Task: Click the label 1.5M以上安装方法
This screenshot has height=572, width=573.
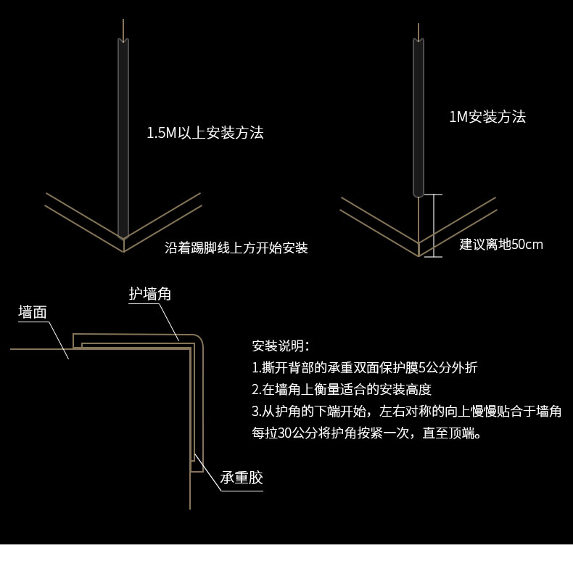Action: click(205, 133)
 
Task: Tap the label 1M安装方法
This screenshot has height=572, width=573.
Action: click(487, 116)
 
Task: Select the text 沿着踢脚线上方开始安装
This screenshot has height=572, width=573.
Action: click(236, 248)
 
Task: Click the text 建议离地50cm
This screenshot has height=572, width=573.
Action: click(501, 245)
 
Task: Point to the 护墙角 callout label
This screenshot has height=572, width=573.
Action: click(150, 294)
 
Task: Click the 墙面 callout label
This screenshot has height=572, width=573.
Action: click(33, 312)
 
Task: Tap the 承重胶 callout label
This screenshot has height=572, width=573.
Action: click(242, 478)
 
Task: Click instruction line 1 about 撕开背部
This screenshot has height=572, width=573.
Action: click(364, 367)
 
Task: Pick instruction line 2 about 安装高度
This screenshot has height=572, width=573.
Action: click(341, 390)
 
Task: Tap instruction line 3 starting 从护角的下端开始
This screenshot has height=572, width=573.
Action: click(406, 412)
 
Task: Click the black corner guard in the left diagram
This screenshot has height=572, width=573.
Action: click(123, 138)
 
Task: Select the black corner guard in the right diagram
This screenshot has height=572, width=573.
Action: click(419, 116)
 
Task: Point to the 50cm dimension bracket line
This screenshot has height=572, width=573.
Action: click(433, 225)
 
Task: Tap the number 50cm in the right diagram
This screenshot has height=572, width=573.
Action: click(527, 245)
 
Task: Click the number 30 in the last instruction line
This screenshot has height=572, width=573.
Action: click(285, 433)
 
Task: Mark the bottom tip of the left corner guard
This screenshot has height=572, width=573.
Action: click(123, 236)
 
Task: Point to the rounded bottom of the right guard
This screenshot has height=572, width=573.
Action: click(419, 194)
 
